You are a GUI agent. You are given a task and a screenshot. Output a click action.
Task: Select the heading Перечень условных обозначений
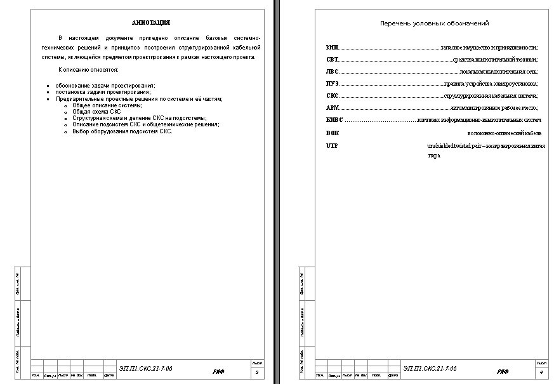[x=434, y=23]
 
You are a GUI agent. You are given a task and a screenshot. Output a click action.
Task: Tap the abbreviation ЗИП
[x=332, y=47]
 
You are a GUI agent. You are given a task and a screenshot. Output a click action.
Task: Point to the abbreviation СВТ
[x=332, y=59]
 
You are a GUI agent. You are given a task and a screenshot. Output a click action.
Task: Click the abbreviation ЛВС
[x=333, y=71]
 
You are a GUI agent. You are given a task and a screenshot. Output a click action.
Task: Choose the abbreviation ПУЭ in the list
[x=332, y=83]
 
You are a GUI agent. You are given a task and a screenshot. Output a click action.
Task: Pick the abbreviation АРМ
[x=333, y=108]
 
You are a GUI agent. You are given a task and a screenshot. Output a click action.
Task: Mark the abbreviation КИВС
[x=334, y=120]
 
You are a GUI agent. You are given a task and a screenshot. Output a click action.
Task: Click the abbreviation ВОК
[x=333, y=133]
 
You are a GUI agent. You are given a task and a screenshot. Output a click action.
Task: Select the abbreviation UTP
[x=332, y=146]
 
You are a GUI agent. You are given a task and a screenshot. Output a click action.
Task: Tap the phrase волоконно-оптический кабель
[x=504, y=133]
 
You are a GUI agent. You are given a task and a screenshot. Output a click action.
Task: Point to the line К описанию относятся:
[x=88, y=69]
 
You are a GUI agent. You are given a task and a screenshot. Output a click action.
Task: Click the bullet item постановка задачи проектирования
[x=103, y=91]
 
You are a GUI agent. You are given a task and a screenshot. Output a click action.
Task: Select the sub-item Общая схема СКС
[x=96, y=111]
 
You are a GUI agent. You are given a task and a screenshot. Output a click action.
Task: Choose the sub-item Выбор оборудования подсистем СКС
[x=122, y=131]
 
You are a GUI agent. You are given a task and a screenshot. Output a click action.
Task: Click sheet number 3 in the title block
[x=256, y=372]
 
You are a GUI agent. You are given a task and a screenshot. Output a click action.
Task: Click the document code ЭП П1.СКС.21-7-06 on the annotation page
[x=145, y=368]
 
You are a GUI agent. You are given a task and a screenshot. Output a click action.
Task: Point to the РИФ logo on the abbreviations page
[x=503, y=371]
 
